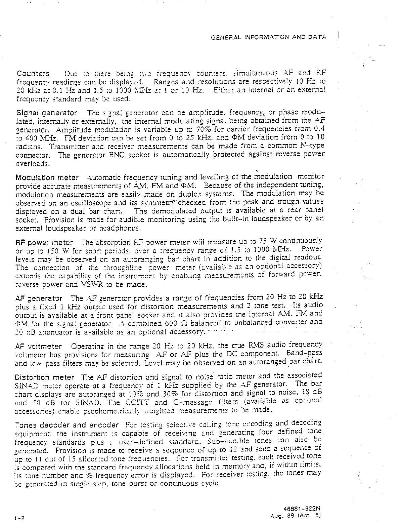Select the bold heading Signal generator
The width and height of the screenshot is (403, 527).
(47, 113)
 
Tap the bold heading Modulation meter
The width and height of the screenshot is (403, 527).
(47, 177)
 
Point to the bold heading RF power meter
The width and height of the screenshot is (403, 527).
(45, 242)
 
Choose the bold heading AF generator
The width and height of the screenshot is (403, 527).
(39, 298)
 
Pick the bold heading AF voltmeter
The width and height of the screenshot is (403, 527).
(39, 347)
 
